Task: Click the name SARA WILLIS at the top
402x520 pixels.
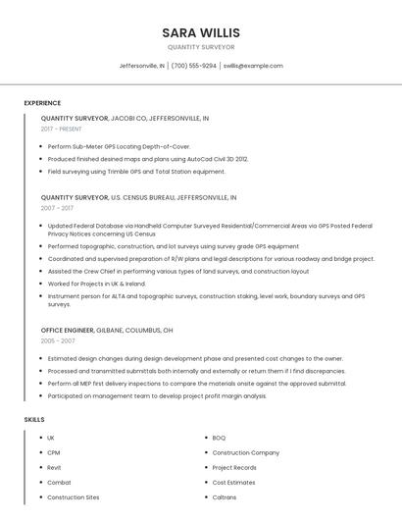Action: click(201, 32)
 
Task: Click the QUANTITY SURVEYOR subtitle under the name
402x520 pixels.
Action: click(201, 47)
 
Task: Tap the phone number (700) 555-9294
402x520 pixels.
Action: click(194, 66)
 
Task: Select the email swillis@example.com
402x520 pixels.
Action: click(253, 66)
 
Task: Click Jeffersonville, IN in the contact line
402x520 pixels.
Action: click(142, 66)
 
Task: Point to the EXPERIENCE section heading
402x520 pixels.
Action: click(42, 103)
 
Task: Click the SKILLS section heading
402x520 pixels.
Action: click(34, 420)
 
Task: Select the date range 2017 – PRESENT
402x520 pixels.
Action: click(62, 129)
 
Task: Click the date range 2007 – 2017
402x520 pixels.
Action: click(57, 208)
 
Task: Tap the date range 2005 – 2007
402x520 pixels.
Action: click(58, 341)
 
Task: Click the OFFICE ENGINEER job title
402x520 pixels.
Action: click(67, 331)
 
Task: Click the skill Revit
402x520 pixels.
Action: click(54, 468)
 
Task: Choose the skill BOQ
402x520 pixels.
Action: click(219, 438)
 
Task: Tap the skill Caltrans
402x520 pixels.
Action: click(225, 497)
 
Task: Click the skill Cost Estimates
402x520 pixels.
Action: click(233, 483)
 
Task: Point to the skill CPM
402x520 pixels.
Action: click(53, 452)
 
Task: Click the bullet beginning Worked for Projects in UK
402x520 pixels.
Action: click(96, 284)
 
